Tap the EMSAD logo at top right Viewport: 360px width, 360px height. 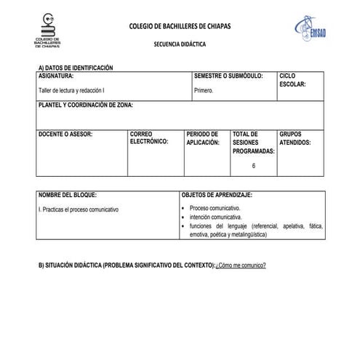(311, 28)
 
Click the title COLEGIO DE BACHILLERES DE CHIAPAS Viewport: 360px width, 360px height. (180, 25)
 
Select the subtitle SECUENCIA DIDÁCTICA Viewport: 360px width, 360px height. (180, 44)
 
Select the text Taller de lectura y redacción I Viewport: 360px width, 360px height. (71, 91)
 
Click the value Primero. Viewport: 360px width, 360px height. (204, 91)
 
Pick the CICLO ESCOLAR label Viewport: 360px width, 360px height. (292, 79)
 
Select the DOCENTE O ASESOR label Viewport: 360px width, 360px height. (65, 135)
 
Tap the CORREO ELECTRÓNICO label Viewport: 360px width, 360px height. (148, 138)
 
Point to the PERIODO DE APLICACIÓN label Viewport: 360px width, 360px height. (203, 138)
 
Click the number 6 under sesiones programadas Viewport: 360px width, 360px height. (253, 166)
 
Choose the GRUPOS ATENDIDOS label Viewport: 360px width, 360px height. (295, 138)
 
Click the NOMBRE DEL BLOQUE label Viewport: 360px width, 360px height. (67, 195)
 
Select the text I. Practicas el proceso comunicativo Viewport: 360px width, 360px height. (79, 209)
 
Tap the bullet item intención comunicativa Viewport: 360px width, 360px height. (215, 217)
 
